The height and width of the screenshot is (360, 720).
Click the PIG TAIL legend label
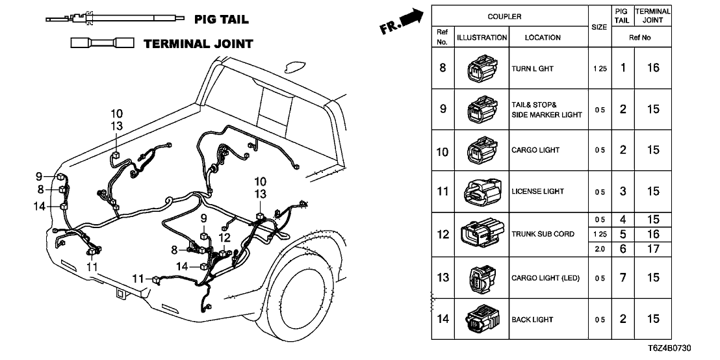[x=221, y=19]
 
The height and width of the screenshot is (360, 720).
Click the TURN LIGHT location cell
[x=532, y=68]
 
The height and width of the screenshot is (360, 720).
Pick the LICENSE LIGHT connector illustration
[x=482, y=192]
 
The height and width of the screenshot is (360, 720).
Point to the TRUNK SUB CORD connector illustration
[x=482, y=234]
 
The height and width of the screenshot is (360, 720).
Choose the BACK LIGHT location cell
[x=532, y=319]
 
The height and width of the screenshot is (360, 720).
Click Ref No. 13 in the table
[x=443, y=277]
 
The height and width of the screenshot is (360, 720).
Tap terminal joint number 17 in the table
[x=653, y=248]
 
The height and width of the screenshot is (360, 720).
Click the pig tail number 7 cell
[x=623, y=277]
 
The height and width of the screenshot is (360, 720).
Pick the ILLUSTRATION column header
[x=482, y=38]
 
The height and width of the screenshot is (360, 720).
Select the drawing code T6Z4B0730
[x=689, y=350]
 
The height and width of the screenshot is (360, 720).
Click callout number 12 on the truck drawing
[x=225, y=238]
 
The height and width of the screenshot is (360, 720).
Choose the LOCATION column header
[x=543, y=38]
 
